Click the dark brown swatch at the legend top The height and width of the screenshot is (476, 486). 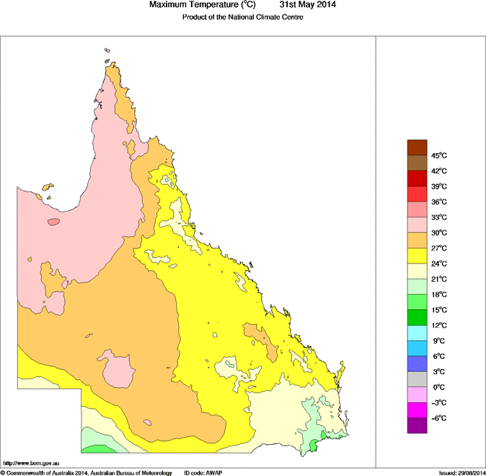click(x=417, y=147)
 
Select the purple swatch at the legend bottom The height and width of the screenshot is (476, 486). click(x=417, y=426)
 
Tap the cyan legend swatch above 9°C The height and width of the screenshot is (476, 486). click(x=417, y=333)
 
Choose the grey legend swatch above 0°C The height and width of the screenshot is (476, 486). click(x=417, y=379)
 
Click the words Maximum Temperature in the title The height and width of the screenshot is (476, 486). click(x=195, y=5)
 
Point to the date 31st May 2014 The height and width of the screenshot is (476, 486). click(x=302, y=5)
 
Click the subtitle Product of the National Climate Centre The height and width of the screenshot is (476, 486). click(x=242, y=17)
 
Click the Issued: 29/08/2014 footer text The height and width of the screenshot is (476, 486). click(x=461, y=472)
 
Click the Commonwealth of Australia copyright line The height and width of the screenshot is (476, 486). click(x=86, y=472)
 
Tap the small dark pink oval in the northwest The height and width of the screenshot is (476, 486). click(x=53, y=222)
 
